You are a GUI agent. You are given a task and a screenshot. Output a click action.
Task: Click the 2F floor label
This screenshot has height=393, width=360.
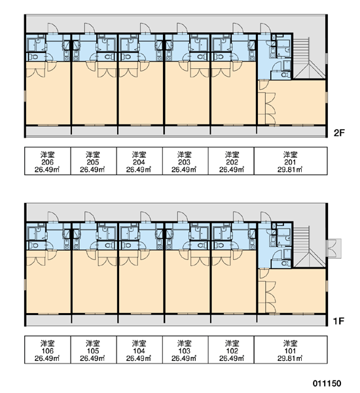pyautogui.click(x=339, y=133)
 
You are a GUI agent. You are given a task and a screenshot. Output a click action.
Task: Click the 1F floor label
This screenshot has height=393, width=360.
pyautogui.click(x=338, y=321)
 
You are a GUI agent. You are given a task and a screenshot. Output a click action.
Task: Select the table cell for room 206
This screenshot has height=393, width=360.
pyautogui.click(x=48, y=161)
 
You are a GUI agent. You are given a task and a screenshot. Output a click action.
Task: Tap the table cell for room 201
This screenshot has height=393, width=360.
pyautogui.click(x=291, y=161)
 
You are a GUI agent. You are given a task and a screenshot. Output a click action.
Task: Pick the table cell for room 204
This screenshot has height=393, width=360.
pyautogui.click(x=139, y=161)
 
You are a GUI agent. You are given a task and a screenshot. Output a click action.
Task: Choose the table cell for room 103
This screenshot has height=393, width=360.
pyautogui.click(x=185, y=349)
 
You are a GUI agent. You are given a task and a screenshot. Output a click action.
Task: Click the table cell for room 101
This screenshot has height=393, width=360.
pyautogui.click(x=291, y=349)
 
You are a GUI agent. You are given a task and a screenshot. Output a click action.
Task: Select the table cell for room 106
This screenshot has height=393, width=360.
pyautogui.click(x=48, y=349)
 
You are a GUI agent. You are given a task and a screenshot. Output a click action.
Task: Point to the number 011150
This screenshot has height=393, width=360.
pyautogui.click(x=327, y=383)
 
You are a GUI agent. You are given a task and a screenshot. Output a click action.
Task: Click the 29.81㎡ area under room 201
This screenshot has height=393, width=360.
pyautogui.click(x=290, y=170)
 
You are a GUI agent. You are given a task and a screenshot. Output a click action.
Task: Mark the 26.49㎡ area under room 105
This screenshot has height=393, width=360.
pyautogui.click(x=92, y=358)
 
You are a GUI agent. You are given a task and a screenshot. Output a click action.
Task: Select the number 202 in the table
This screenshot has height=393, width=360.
pyautogui.click(x=232, y=162)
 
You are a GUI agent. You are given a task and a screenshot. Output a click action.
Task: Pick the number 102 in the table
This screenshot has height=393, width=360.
pyautogui.click(x=232, y=351)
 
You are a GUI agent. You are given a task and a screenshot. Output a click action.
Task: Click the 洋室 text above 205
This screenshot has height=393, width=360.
pyautogui.click(x=93, y=155)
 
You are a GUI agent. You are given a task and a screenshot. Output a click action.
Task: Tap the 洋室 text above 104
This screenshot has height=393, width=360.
pyautogui.click(x=139, y=343)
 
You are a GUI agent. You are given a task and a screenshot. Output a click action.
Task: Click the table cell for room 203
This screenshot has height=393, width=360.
pyautogui.click(x=185, y=161)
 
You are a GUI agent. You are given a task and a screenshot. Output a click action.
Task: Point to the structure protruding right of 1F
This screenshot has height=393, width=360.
pyautogui.click(x=334, y=248)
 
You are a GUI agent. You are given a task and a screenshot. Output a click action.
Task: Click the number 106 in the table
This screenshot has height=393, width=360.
pyautogui.click(x=47, y=351)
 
